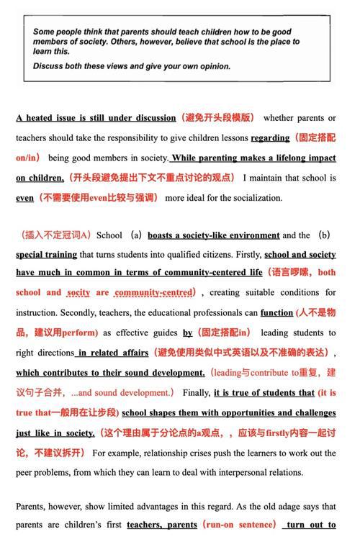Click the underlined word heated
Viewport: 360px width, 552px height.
point(45,118)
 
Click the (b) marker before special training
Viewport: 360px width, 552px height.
point(324,235)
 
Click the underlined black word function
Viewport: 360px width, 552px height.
point(276,313)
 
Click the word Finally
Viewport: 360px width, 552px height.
point(196,393)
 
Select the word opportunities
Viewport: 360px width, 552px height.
point(222,413)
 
